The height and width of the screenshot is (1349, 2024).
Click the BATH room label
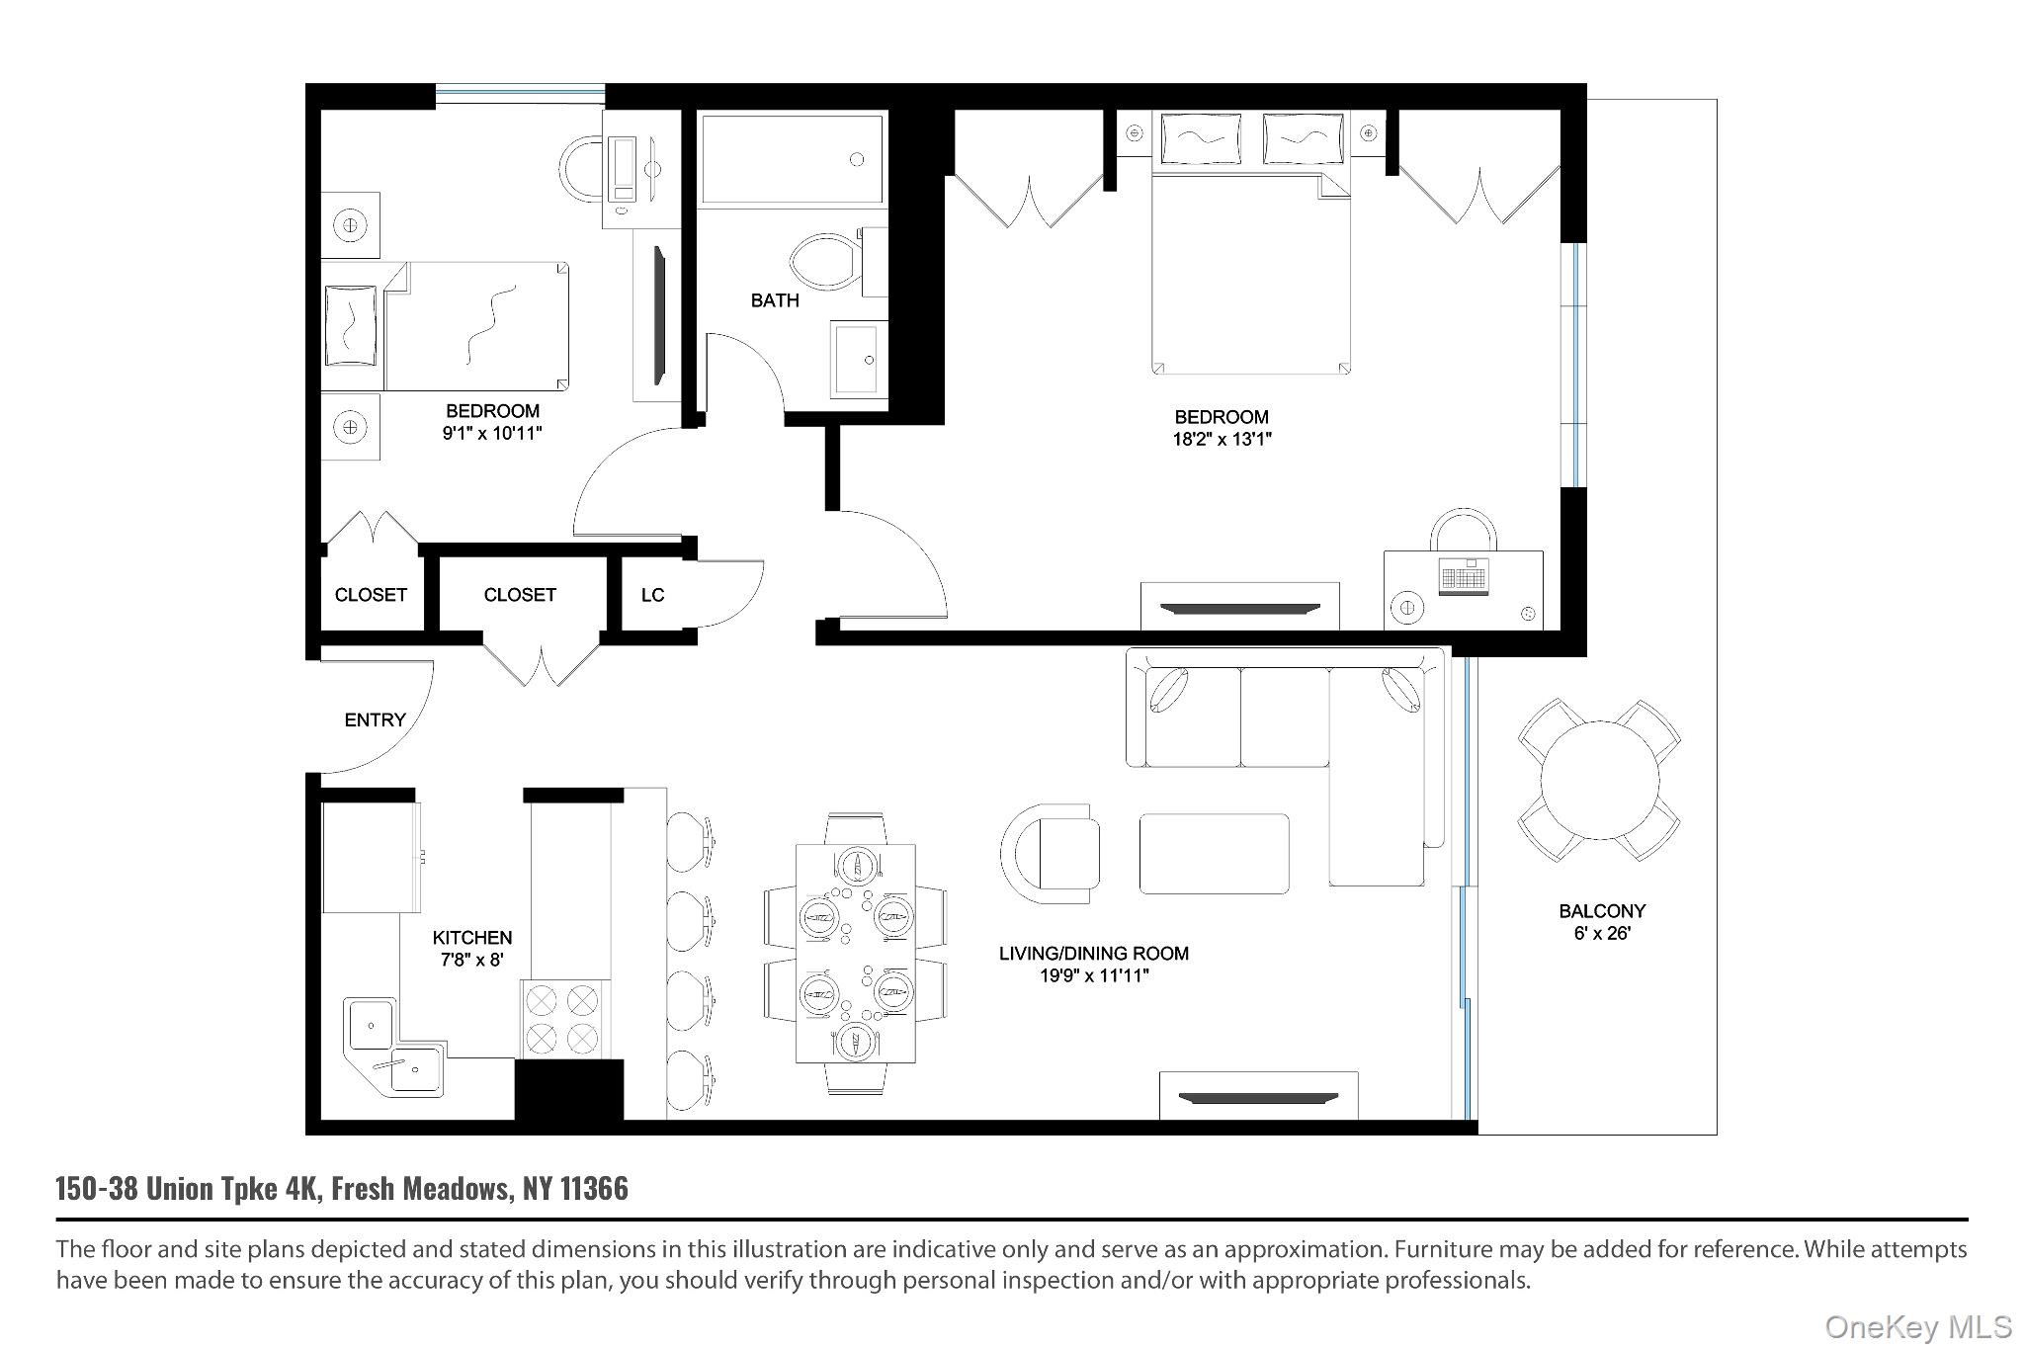coord(775,300)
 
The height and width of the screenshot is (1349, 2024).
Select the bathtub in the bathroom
coord(790,159)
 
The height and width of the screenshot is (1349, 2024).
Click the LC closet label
coord(652,595)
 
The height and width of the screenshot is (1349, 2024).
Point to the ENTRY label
coord(376,720)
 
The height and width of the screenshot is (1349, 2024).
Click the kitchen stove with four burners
coord(564,1020)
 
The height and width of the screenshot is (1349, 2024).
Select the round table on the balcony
coord(1600,780)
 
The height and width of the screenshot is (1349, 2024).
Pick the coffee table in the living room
coord(1214,854)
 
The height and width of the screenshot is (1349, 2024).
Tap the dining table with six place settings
coord(856,954)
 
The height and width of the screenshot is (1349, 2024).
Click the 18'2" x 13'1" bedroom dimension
coord(1222,440)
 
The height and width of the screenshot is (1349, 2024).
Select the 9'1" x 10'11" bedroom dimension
coord(493,433)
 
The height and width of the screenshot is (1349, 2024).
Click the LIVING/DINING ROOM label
coord(1094,954)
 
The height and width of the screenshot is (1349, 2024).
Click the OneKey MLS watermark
coord(1918,1326)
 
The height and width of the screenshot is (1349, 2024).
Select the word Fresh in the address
coord(364,1188)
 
